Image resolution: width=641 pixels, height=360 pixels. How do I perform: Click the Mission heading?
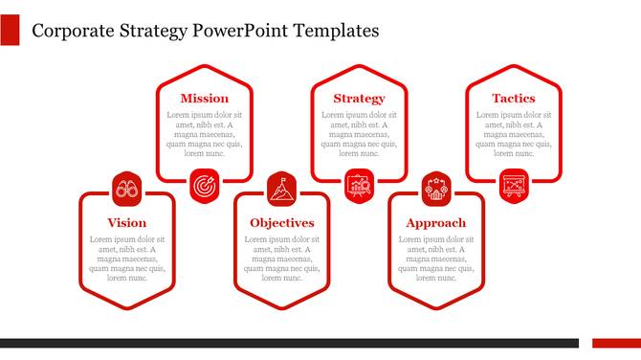[205, 98]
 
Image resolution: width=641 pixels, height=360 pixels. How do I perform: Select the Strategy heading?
[359, 98]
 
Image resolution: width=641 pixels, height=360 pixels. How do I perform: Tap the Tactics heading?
[514, 98]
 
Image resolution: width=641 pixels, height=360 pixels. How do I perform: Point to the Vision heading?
[127, 223]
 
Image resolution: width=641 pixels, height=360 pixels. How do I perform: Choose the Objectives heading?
[282, 223]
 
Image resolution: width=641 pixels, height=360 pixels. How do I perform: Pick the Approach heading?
[436, 223]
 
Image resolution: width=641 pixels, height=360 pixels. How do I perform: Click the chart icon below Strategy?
[359, 183]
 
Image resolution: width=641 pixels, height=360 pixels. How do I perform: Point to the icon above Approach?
[436, 187]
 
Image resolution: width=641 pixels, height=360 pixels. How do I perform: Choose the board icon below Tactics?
[514, 183]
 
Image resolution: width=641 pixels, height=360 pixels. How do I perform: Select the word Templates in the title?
[340, 31]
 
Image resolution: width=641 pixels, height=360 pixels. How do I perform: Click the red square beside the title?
[10, 30]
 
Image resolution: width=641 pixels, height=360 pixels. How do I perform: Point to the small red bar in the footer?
[616, 343]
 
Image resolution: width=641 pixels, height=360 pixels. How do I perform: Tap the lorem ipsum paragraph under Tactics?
[514, 134]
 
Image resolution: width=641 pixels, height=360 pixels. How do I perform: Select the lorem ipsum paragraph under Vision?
[127, 259]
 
